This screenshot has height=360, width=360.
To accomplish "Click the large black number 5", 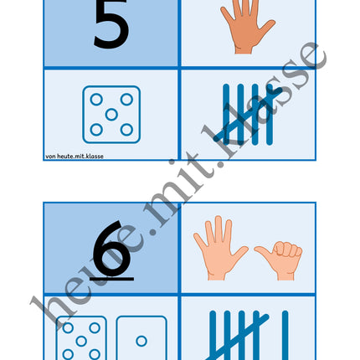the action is point(111,25).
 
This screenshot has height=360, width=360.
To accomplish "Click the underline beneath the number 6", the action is point(111,279).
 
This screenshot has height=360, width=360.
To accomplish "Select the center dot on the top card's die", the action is point(111,115).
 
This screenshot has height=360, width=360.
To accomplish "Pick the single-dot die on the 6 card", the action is point(141,338).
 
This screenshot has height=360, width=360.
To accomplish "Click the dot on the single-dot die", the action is point(141,341).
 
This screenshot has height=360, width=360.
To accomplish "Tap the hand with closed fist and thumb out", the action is point(279,260).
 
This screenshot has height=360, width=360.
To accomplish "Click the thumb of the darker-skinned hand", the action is point(266,28).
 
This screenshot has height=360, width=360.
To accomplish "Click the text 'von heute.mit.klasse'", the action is point(75,157).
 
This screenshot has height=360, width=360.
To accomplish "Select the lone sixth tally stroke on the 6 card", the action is point(285,335).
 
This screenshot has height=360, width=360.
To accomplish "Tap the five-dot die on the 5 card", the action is point(111,115).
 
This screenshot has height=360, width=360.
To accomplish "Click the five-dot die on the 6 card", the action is point(81,338).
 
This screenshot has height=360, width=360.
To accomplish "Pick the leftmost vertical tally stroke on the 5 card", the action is point(226,115).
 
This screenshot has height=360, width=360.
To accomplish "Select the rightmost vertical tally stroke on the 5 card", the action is point(270,115).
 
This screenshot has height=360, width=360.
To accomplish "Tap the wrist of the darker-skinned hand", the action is point(244,49).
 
